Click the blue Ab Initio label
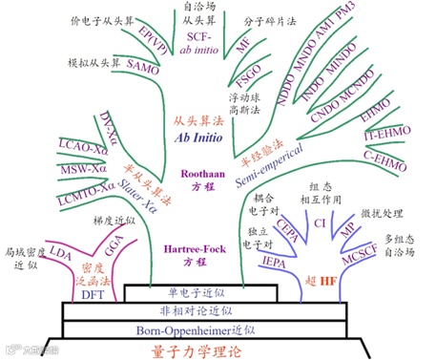(196, 137)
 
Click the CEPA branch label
(287, 231)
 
